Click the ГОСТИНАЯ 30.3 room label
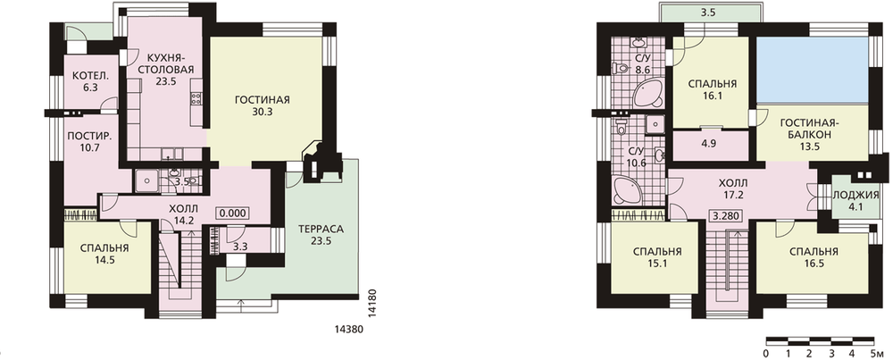click(262, 106)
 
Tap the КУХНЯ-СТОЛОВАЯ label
click(168, 63)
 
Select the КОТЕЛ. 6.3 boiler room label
click(90, 82)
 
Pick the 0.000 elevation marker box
click(233, 213)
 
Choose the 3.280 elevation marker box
click(725, 217)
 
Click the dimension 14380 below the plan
click(348, 330)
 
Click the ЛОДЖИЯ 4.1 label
click(856, 201)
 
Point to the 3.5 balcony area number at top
click(708, 12)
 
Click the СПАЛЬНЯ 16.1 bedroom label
click(712, 90)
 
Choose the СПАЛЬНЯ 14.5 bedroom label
click(104, 254)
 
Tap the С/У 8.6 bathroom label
click(642, 63)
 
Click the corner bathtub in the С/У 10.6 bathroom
click(627, 189)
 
